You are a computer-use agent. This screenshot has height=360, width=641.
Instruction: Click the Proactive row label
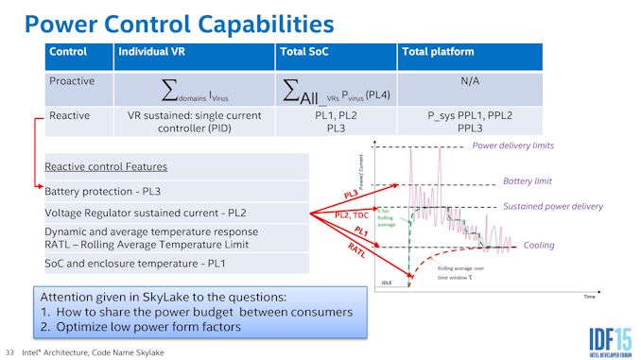[x=72, y=81]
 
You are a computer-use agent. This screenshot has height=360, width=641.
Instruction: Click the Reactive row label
[x=70, y=115]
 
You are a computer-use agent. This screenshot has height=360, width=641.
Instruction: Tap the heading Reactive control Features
[x=106, y=166]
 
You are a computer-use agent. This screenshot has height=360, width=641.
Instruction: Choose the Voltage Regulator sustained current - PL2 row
[x=152, y=213]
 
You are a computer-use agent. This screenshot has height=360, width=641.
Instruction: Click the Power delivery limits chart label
[x=512, y=146]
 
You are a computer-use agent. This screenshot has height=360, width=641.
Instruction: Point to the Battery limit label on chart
[x=528, y=180]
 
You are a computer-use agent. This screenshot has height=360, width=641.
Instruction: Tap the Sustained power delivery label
[x=552, y=206]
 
